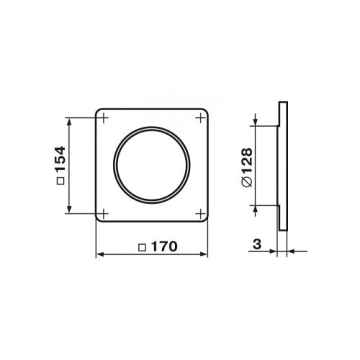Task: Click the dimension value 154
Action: point(60,158)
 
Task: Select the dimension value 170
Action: point(165,246)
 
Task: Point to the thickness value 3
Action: point(257,244)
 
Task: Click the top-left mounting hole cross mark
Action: point(104,118)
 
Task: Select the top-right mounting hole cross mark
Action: point(200,118)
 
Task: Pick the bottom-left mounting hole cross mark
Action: point(104,213)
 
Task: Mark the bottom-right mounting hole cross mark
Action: point(200,213)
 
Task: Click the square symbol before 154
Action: point(60,181)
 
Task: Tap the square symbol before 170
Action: point(143,248)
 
